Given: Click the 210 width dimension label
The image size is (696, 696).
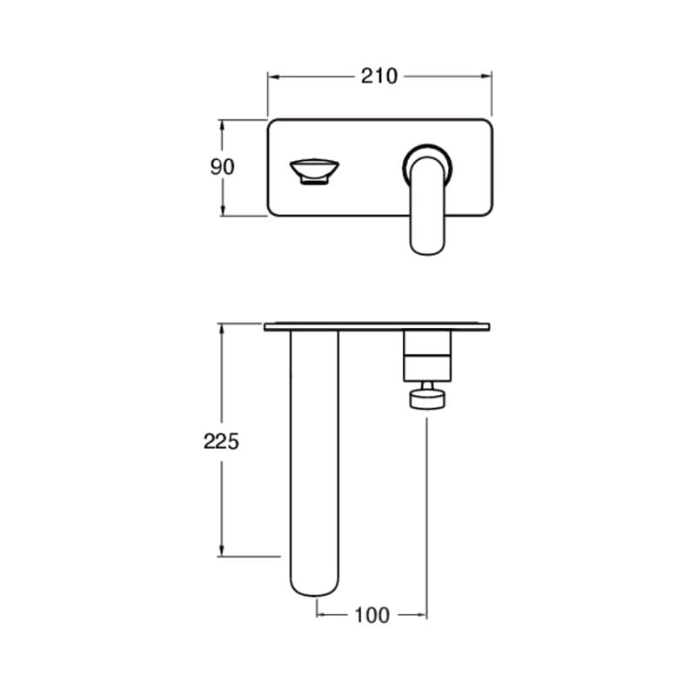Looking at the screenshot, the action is coord(378,77).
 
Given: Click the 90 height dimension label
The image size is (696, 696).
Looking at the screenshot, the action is coord(222,167).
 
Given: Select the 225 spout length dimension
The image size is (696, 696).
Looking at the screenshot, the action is coord(221,442).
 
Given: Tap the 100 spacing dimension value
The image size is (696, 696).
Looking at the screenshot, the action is coord(372,615).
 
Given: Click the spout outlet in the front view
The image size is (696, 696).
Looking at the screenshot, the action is coord(314,171).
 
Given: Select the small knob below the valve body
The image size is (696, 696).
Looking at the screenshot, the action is coord(427,398).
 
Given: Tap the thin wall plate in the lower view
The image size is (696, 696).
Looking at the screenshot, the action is coord(377,327).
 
